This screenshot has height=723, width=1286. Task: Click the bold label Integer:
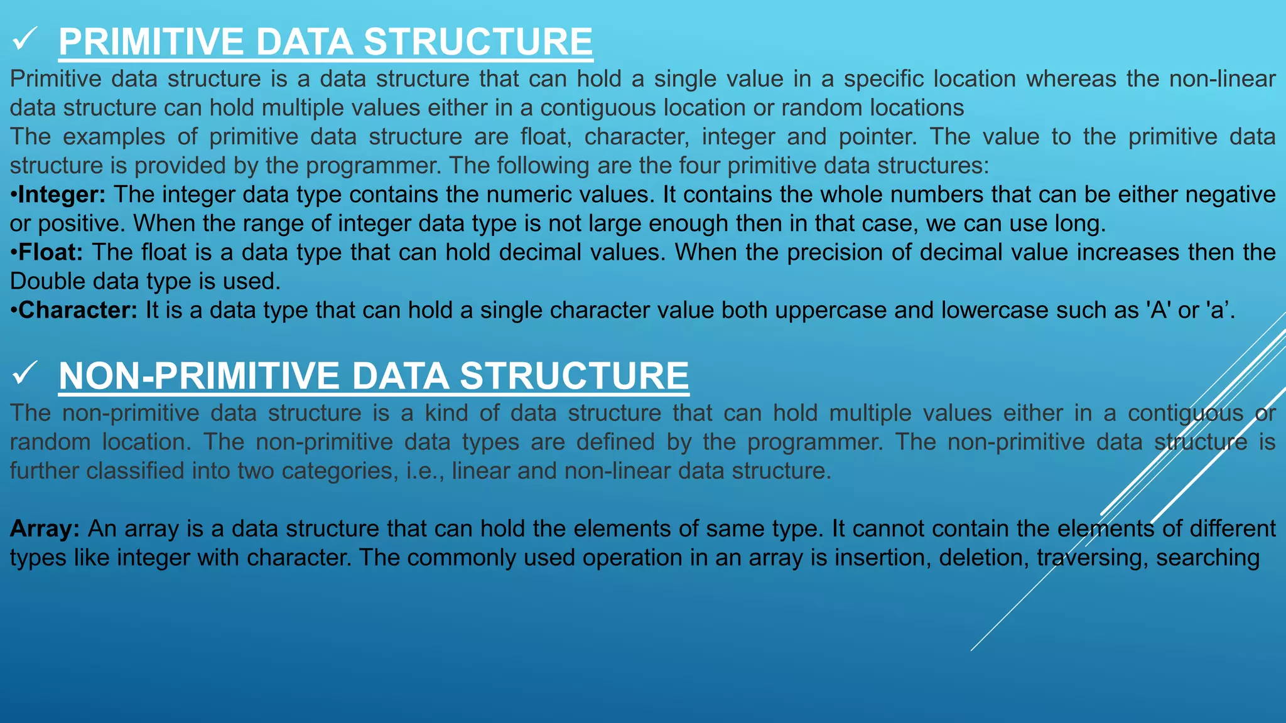[x=62, y=195]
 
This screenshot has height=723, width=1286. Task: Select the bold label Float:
[x=51, y=252]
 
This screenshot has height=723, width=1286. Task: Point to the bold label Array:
[x=45, y=528]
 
